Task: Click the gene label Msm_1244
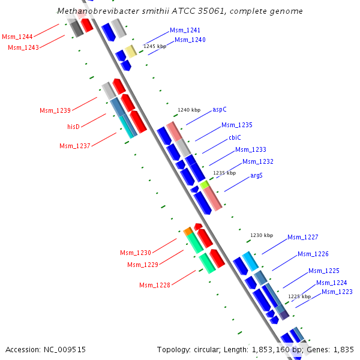pos(17,37)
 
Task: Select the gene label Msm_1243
pos(23,47)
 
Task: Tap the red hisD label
pos(73,127)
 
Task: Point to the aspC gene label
pos(220,110)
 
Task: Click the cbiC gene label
pos(235,137)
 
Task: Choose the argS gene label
pos(256,175)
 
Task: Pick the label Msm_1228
pos(155,284)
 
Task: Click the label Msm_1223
pos(337,292)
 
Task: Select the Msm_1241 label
pos(185,30)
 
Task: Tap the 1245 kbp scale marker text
pos(154,46)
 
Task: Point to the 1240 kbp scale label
pos(188,110)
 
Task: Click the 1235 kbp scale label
pos(225,173)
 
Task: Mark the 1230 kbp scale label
pos(261,235)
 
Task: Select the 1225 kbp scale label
pos(299,296)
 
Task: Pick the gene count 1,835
pos(344,349)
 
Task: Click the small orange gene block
pos(188,231)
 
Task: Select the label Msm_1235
pos(237,125)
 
